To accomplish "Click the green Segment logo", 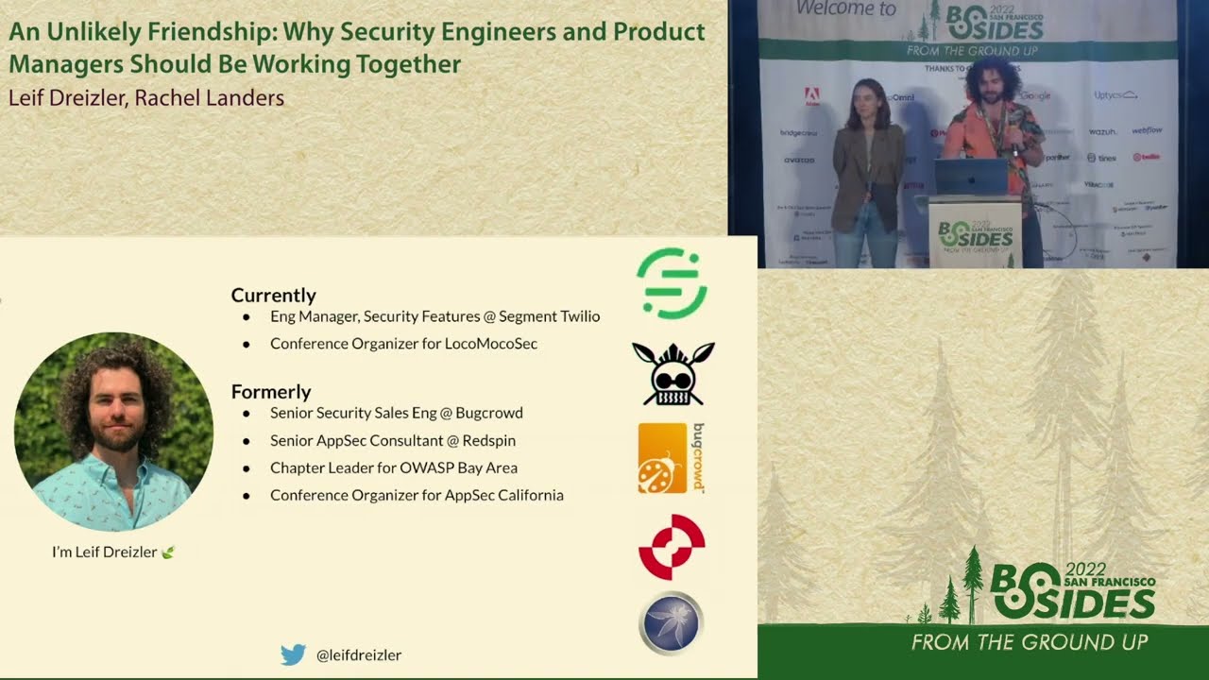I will tap(672, 283).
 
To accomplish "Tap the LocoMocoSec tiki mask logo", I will tap(673, 374).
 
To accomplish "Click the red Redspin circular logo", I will tap(672, 547).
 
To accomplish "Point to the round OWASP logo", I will tap(671, 623).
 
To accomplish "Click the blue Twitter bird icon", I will tap(293, 654).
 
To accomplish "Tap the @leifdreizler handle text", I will tap(359, 654).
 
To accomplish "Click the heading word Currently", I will tap(273, 295).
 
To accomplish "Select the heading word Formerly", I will tap(271, 391).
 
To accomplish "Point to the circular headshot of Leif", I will tap(113, 432).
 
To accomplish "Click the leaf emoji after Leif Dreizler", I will tap(168, 552).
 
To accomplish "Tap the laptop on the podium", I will tap(971, 177).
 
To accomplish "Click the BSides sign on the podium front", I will tap(976, 234).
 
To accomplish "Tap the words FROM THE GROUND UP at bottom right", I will tap(1030, 642).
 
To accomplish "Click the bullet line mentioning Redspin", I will tap(392, 440).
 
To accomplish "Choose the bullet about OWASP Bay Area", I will tap(393, 467).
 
